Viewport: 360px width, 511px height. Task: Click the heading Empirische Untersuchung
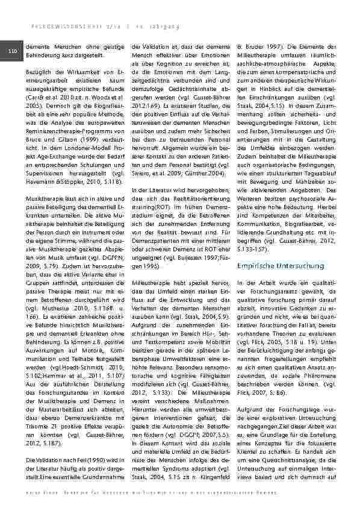pyautogui.click(x=272, y=265)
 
